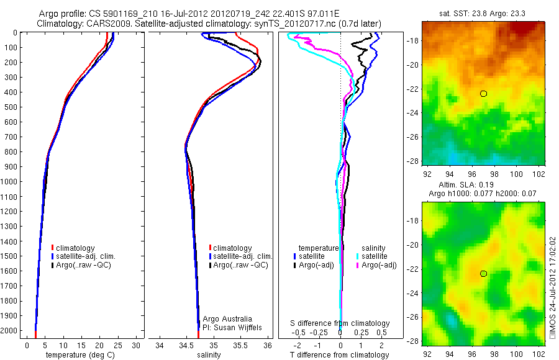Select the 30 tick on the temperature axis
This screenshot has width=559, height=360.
(137, 344)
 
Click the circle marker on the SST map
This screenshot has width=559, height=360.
(483, 94)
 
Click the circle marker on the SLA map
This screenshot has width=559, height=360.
(483, 274)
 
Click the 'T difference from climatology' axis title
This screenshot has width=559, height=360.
(339, 355)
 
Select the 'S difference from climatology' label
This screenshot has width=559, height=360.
(340, 323)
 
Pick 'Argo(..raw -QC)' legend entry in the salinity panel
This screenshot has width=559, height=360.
(238, 265)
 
